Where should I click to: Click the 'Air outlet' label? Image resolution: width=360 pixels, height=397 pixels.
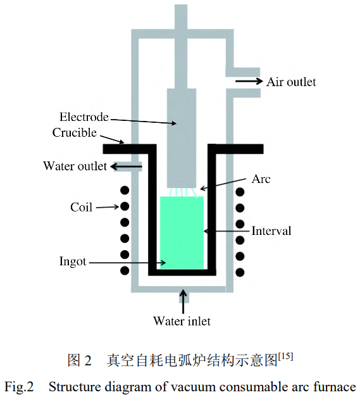tap(290, 82)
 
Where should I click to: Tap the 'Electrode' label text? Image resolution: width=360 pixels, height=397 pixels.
tap(84, 117)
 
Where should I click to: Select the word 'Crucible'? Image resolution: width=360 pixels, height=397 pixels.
tap(75, 132)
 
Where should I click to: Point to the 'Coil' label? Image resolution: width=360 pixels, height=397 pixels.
tap(82, 207)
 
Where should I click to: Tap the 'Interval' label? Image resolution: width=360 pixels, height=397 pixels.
tap(271, 230)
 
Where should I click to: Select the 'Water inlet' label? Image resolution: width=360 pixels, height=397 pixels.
tap(182, 321)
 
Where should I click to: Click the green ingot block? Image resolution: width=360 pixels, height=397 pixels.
tap(182, 231)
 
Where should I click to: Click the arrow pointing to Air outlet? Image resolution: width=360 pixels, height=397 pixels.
tap(249, 81)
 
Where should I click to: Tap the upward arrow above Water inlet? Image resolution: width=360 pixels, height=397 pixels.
tap(183, 300)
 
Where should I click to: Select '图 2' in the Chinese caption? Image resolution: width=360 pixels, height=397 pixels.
tap(80, 361)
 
